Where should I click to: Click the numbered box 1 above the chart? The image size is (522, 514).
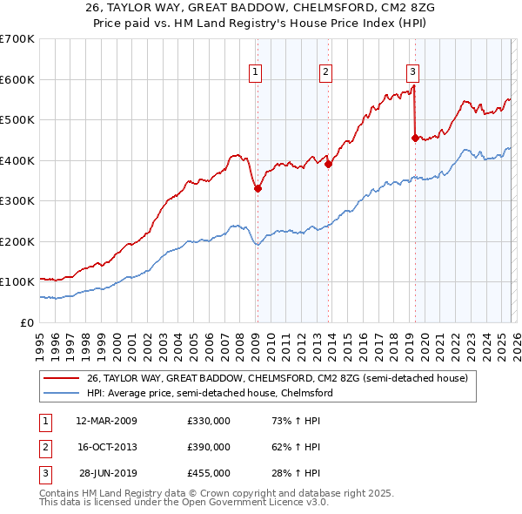pos(257,72)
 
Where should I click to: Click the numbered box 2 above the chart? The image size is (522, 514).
pos(325,72)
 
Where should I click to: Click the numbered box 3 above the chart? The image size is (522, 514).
pos(412,72)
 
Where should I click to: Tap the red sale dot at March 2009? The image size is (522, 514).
pos(258,188)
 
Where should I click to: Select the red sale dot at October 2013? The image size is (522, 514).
pos(328,164)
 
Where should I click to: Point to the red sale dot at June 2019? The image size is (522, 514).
pos(415,137)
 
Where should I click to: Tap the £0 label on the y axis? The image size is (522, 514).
pos(27,322)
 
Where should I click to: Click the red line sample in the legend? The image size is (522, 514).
pos(62,378)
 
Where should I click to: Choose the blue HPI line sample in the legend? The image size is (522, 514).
pos(62,393)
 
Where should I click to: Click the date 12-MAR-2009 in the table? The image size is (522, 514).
pos(105,421)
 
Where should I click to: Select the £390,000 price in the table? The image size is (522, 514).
pos(209,447)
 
